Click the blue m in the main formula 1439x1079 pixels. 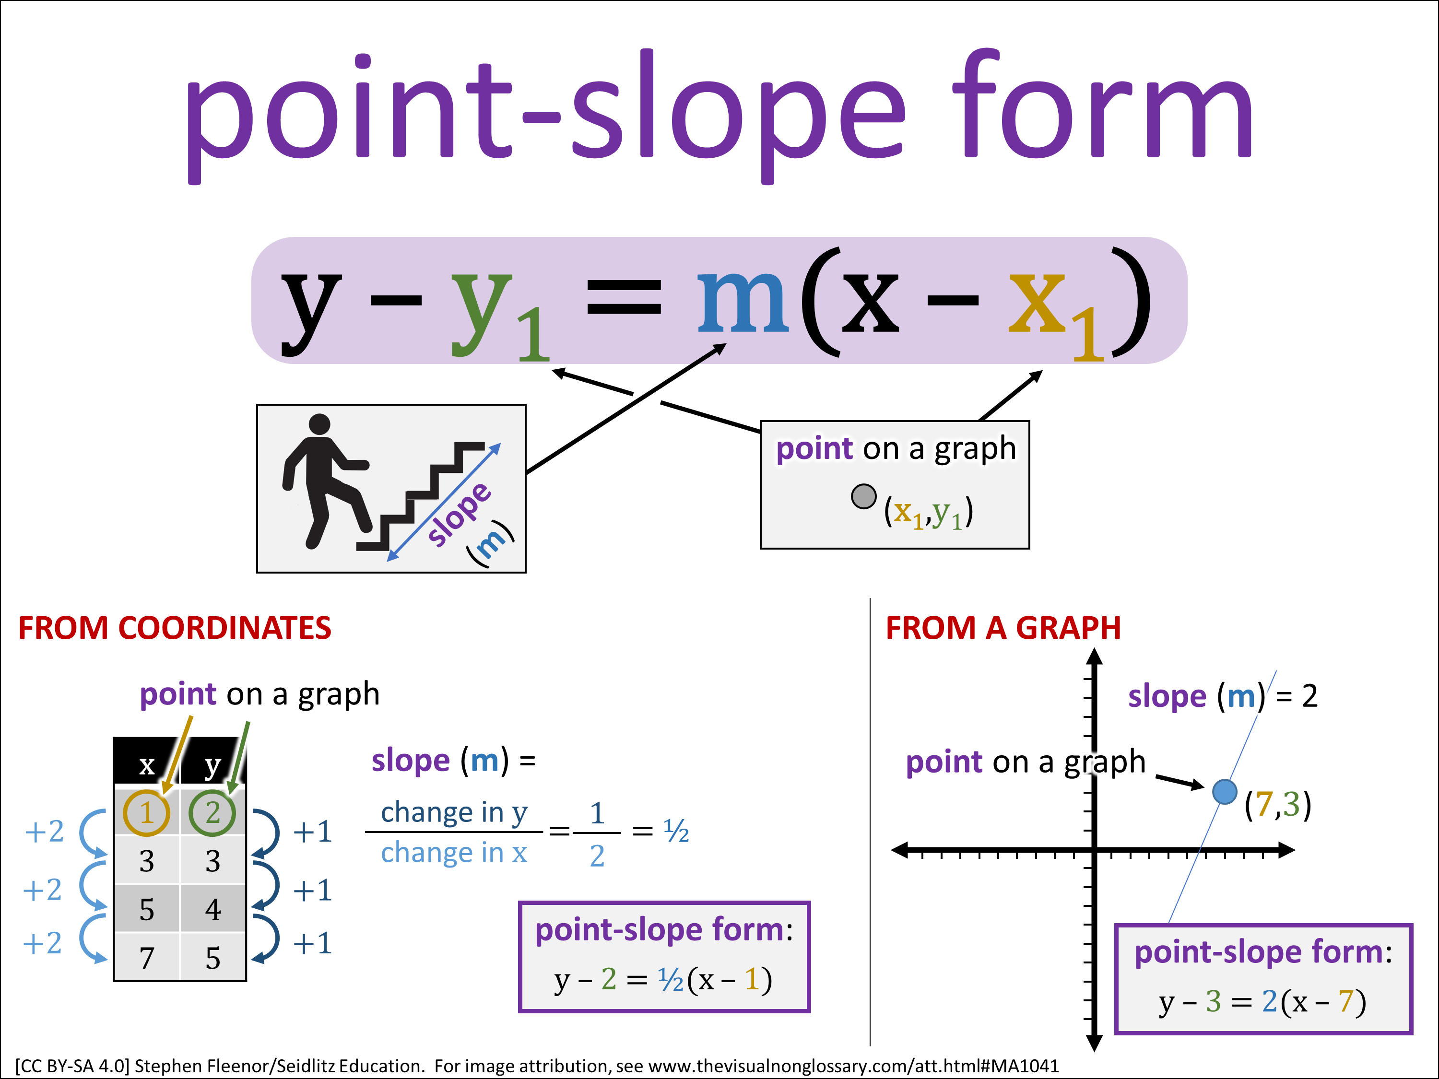tap(743, 301)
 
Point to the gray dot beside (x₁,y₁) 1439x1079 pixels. tap(863, 497)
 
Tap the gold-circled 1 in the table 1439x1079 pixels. tap(146, 813)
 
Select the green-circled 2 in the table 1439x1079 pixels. tap(212, 813)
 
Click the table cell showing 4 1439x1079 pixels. tap(212, 909)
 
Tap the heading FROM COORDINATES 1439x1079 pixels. tap(174, 628)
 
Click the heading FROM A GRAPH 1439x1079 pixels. tap(1003, 628)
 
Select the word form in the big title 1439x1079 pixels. tap(1103, 104)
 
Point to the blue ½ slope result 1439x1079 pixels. tap(676, 831)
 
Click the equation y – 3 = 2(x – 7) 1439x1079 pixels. tap(1262, 1002)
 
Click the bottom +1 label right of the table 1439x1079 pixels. tap(313, 943)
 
